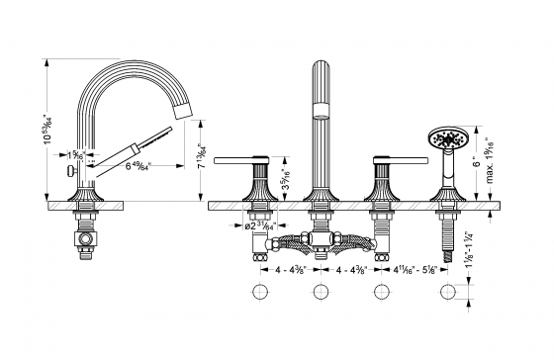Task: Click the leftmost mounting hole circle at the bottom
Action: point(262,292)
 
